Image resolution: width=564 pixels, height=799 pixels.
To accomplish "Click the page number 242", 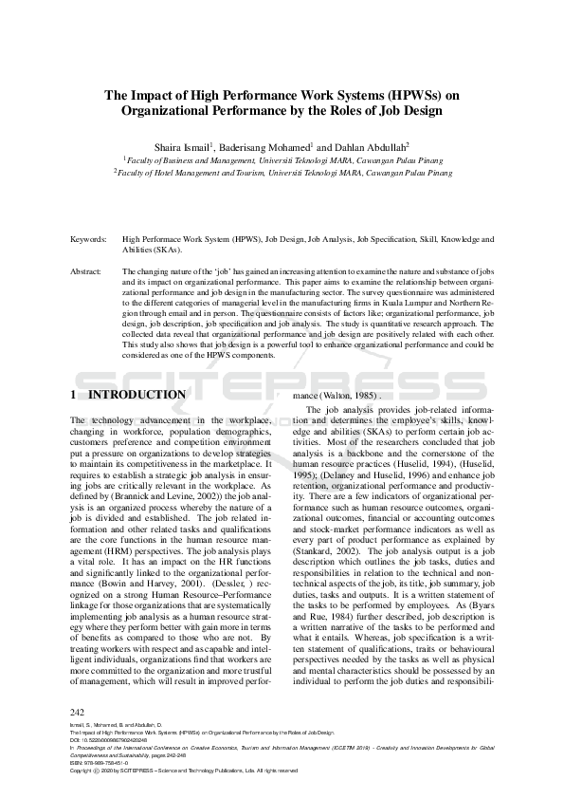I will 79,710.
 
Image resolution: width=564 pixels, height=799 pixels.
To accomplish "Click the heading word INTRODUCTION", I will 136,394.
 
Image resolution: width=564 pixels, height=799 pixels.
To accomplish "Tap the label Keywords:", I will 88,241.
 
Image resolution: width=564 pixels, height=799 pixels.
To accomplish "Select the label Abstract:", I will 86,271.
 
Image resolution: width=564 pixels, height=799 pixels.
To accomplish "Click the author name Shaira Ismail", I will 185,148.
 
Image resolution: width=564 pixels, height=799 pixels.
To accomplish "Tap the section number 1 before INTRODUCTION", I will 75,394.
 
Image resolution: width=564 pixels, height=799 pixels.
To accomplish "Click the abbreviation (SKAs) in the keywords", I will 169,251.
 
